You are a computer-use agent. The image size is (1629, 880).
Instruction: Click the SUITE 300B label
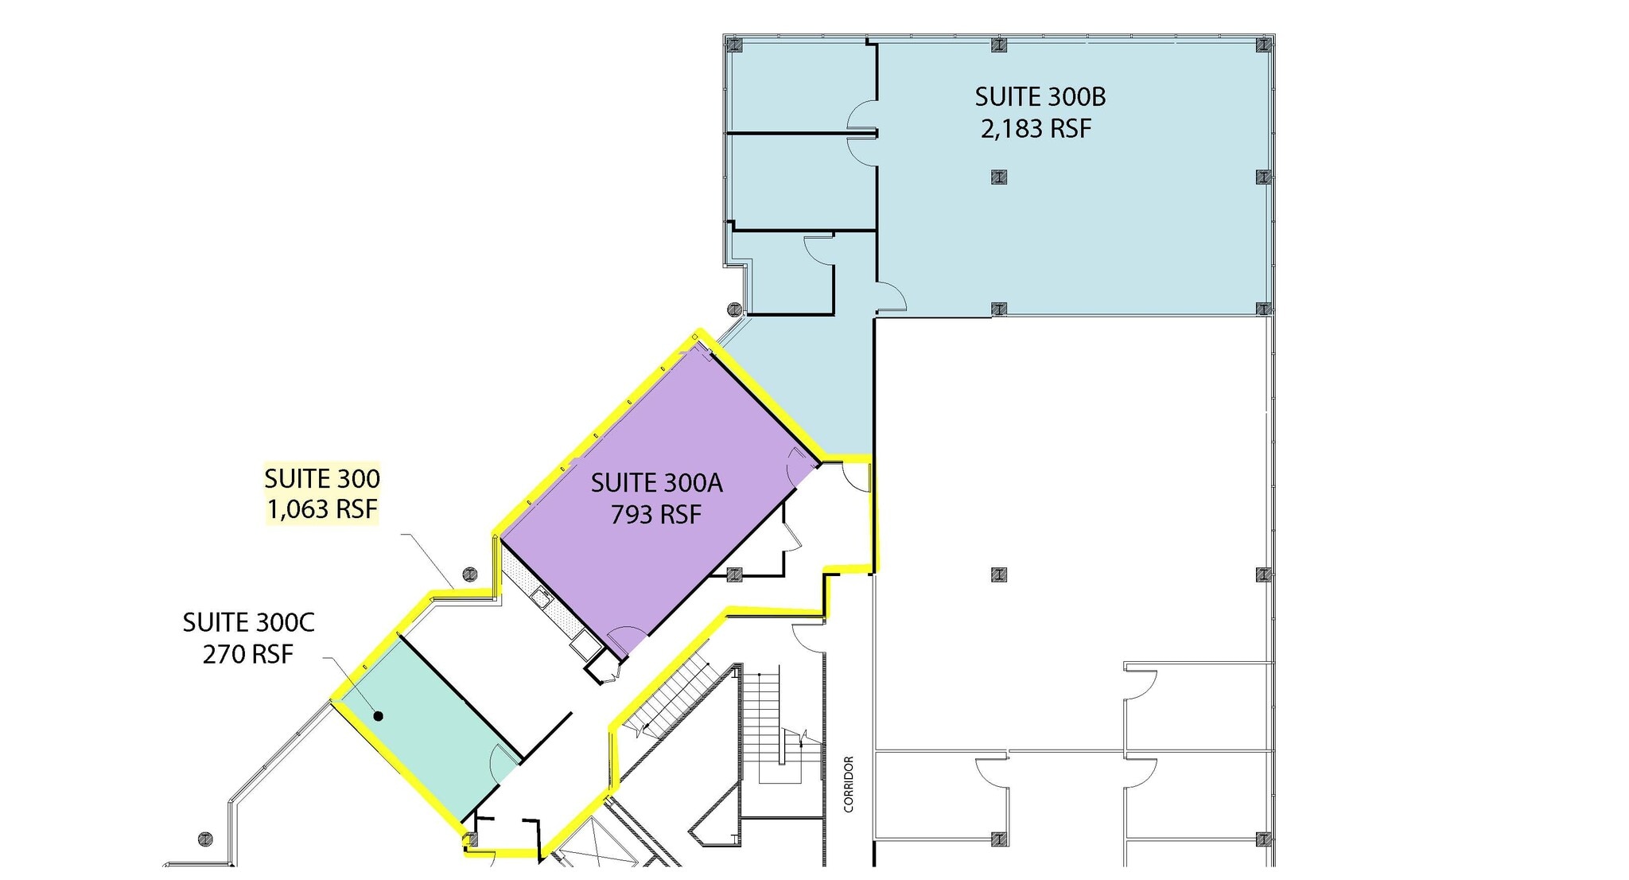(1040, 97)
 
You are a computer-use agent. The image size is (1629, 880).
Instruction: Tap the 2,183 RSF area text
(1036, 128)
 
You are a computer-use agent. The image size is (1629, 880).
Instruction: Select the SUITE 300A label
(656, 483)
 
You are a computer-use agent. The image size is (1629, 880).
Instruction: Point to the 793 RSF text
(656, 515)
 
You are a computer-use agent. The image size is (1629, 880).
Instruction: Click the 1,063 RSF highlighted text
(321, 508)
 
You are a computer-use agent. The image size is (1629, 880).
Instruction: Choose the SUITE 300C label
(248, 622)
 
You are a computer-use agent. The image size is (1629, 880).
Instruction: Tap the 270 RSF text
(248, 654)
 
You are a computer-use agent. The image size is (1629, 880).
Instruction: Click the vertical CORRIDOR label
(849, 784)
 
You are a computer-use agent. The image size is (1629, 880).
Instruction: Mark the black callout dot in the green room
(379, 716)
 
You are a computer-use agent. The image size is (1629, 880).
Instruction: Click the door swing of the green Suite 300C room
(503, 764)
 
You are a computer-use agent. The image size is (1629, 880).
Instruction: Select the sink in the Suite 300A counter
(544, 595)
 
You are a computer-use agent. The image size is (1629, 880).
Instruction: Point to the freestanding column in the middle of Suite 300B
(999, 177)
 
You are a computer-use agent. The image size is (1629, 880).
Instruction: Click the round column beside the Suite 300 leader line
(470, 574)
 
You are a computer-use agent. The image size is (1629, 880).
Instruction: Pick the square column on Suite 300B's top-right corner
(1263, 45)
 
